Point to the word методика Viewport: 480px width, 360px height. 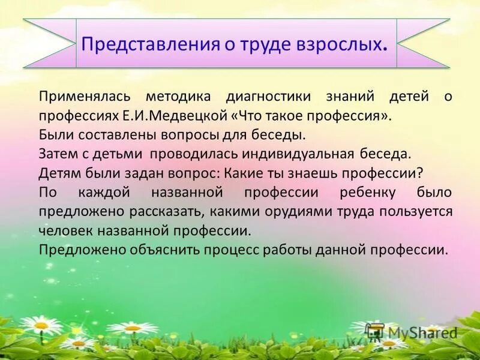pos(175,96)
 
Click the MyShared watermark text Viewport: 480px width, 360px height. pos(423,332)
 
